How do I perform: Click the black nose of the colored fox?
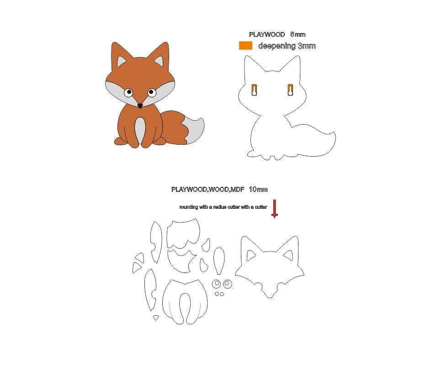140,106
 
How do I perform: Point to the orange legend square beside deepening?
245,45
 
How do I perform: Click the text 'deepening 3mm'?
287,46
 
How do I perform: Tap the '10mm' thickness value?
258,189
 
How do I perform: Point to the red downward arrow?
274,208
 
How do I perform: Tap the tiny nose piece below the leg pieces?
155,317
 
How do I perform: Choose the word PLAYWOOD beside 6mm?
267,34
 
